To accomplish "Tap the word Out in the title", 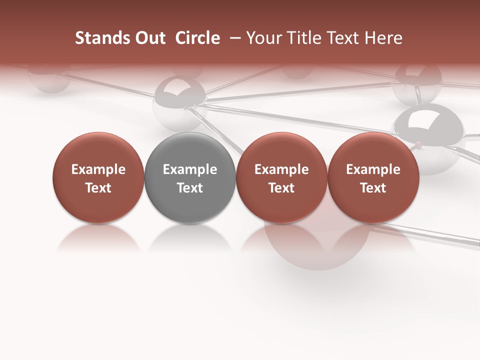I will coord(149,38).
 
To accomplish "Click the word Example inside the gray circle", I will coord(190,169).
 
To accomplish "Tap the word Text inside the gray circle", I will coord(190,188).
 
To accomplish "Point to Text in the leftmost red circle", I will coord(98,188).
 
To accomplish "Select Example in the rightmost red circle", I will coord(373,169).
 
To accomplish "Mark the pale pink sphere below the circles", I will coord(315,247).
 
